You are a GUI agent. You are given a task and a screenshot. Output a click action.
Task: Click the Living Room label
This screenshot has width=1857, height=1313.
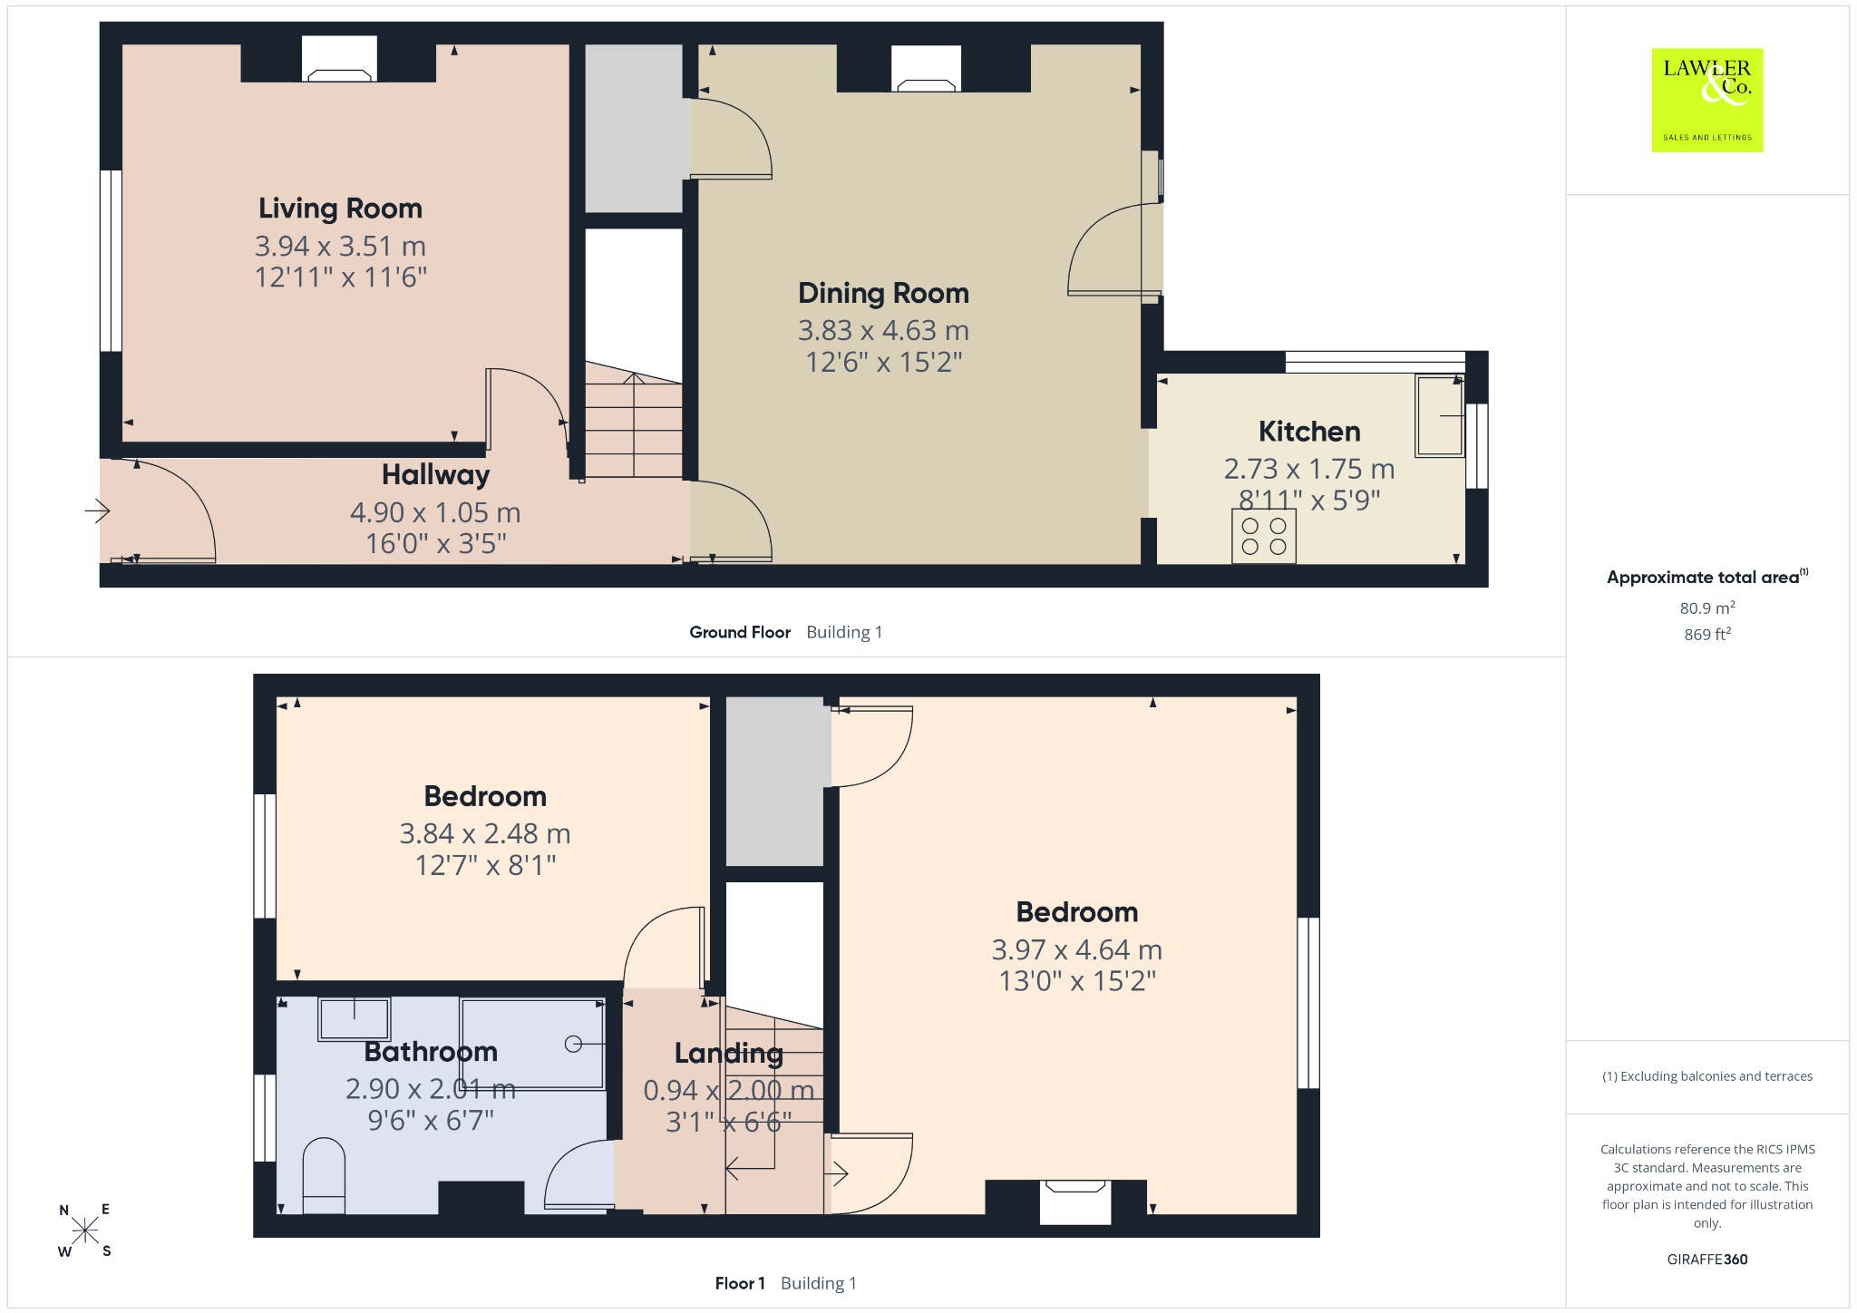coord(340,209)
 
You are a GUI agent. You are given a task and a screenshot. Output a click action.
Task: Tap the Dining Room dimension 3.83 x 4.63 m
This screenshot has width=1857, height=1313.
coord(883,330)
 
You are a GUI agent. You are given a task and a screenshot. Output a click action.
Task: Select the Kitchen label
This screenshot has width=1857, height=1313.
coord(1309,431)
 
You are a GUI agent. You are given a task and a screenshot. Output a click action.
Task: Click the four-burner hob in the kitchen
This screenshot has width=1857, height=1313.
coord(1264,537)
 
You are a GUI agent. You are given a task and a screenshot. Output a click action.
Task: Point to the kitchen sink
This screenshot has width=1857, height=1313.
coord(1440,416)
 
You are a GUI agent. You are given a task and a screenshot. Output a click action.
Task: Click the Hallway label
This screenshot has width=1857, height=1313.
coord(435,474)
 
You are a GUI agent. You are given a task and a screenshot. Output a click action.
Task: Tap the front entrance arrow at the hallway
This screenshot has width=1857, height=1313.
coord(97,511)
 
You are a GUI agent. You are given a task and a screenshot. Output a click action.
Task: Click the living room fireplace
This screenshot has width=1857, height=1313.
coord(339,59)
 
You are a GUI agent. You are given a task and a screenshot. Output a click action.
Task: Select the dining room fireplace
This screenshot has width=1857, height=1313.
coord(926,69)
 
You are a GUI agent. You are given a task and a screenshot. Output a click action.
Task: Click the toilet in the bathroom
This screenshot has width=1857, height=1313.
coord(324,1176)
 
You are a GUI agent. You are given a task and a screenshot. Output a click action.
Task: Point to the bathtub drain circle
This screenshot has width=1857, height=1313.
coord(573,1044)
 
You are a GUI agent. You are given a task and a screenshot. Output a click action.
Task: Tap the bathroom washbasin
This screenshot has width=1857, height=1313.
coord(354,1019)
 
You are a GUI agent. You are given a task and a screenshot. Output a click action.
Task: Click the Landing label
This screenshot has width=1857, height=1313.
coord(728,1053)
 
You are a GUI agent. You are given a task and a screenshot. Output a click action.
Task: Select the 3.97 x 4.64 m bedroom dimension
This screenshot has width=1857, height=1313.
coord(1076,949)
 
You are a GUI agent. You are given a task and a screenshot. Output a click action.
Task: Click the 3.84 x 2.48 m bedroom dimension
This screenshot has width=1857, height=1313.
coord(485,833)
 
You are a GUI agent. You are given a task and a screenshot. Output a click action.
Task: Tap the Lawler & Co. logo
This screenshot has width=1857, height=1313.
coord(1707,100)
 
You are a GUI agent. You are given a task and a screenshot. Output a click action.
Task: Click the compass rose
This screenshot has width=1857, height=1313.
coord(85,1230)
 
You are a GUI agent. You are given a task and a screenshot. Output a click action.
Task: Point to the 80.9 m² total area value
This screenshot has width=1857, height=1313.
coord(1707,608)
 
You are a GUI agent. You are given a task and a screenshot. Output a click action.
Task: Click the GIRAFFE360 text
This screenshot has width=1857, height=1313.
coord(1707,1260)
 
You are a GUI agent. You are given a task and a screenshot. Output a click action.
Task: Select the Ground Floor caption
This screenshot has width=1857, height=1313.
coord(740,632)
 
